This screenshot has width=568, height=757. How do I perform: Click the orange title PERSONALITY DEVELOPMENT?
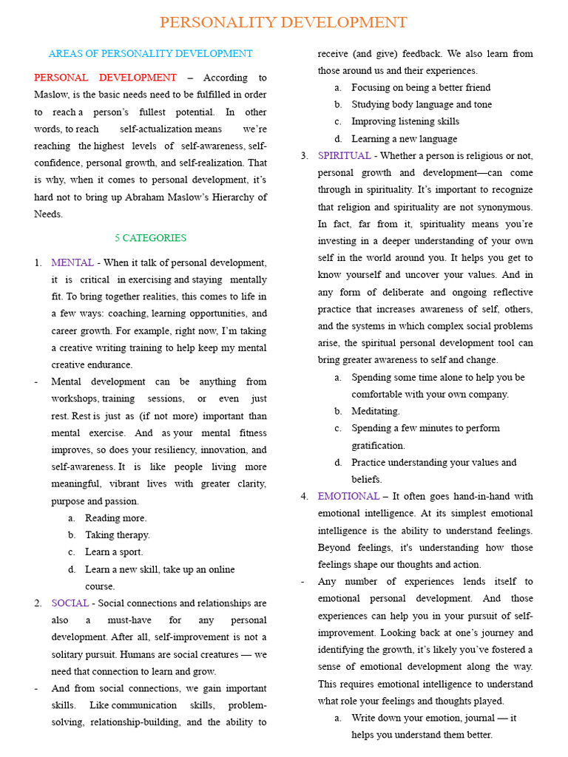pos(283,22)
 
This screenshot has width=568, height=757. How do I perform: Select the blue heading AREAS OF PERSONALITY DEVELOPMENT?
pos(150,54)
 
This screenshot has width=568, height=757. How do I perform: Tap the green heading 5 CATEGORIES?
pos(150,238)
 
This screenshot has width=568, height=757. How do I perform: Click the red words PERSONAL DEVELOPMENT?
pos(105,78)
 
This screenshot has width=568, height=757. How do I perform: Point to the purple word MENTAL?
pos(72,262)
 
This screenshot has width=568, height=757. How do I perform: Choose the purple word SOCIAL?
pos(70,603)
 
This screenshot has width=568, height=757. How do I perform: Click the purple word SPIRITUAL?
pos(344,156)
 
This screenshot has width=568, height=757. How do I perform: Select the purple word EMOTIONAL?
pos(348,496)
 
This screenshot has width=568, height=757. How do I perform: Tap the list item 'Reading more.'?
pos(115,518)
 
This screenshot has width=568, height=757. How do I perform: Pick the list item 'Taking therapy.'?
pos(117,535)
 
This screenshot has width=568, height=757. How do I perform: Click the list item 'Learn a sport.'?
pos(114,552)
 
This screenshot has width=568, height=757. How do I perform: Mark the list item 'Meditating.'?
pos(375,411)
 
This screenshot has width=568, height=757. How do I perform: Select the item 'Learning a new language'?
pos(404,139)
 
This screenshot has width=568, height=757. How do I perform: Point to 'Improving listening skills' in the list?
pos(405,121)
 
